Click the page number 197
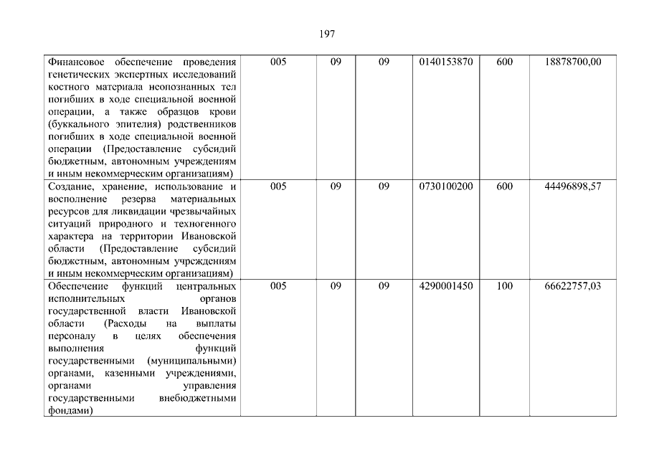tap(324, 34)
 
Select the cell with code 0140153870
tap(445, 62)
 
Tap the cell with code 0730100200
tap(445, 186)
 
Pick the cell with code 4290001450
tap(445, 286)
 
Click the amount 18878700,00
tap(574, 62)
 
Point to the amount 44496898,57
tap(574, 186)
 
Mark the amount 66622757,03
tap(574, 286)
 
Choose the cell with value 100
tap(504, 286)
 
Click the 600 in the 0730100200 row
tap(504, 186)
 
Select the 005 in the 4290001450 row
tap(278, 286)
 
